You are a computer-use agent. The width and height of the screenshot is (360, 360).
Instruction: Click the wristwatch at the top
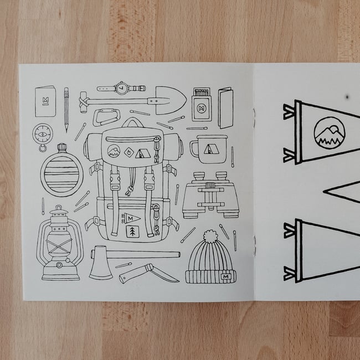pyautogui.click(x=121, y=88)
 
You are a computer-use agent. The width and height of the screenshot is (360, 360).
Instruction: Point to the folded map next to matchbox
pyautogui.click(x=225, y=107)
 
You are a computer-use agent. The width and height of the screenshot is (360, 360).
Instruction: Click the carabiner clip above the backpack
pyautogui.click(x=105, y=117)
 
